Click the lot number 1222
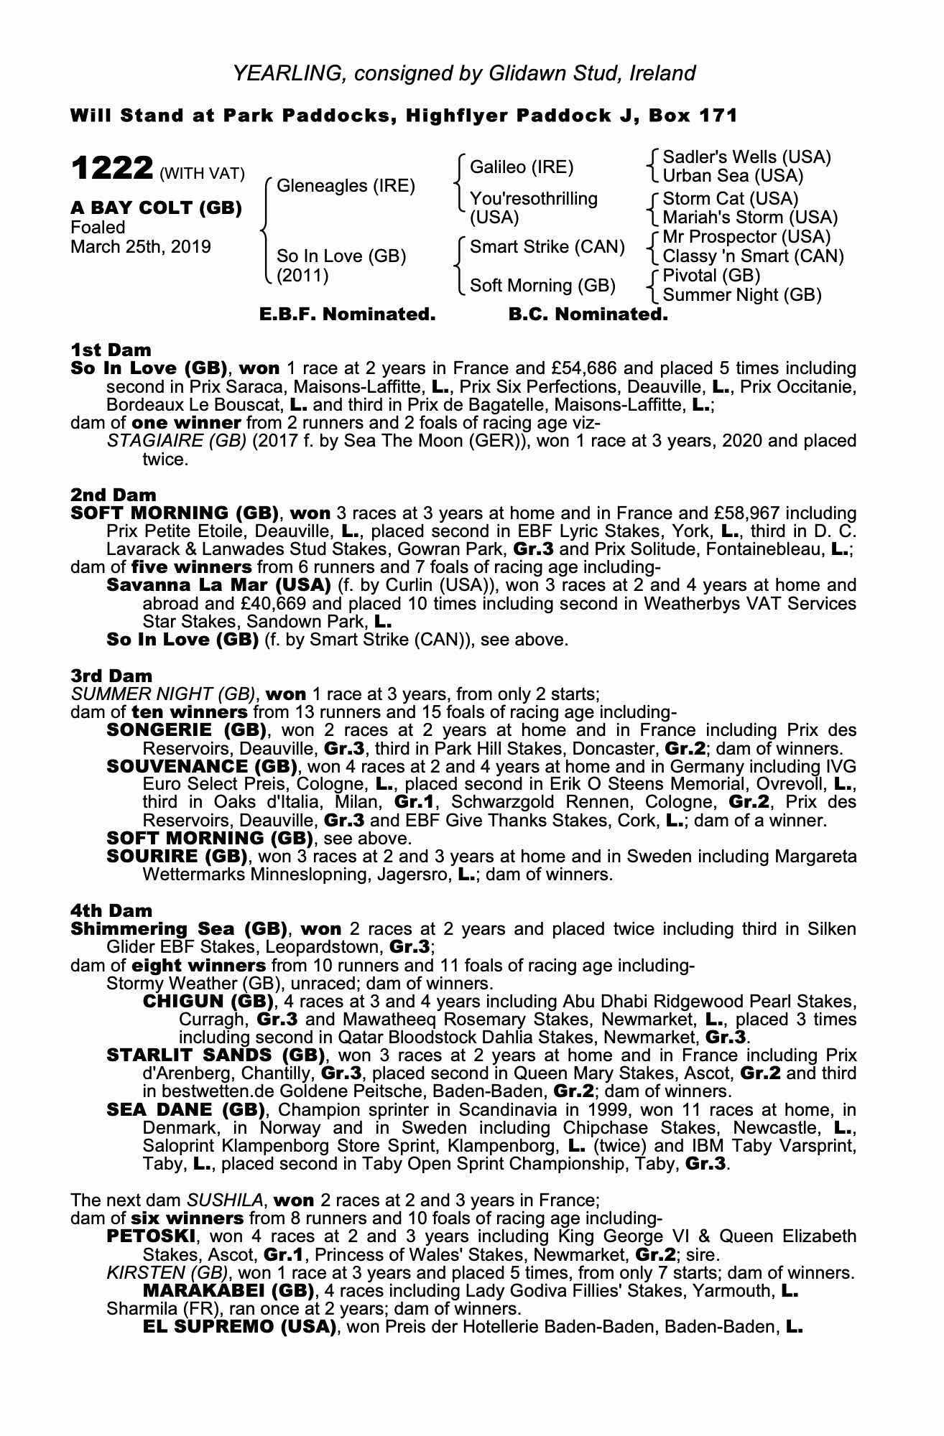pos(111,169)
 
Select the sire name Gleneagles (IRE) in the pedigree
pos(346,186)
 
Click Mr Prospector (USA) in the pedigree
pos(746,237)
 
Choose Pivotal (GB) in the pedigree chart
pos(711,276)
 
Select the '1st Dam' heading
pos(111,350)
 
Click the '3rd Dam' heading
pos(111,676)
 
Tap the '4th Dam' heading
pos(111,910)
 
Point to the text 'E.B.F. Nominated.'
pos(347,314)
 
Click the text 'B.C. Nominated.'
pos(588,314)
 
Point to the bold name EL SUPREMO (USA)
pos(240,1327)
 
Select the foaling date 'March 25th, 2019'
pos(141,247)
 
